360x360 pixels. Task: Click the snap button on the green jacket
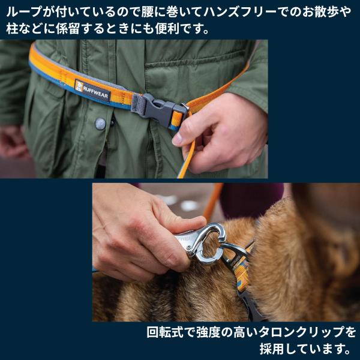pyautogui.click(x=100, y=123)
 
